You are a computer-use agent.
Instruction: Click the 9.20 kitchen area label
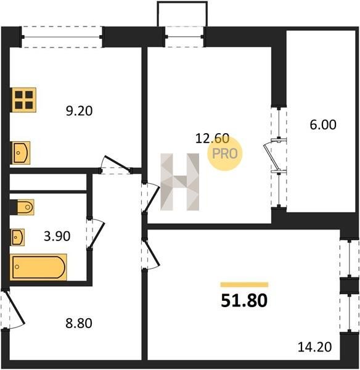coord(79,111)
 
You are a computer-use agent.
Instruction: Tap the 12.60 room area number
coord(212,138)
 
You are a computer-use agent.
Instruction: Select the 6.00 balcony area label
coord(323,125)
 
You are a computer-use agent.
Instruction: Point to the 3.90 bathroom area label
coord(57,236)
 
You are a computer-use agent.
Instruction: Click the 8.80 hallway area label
coord(79,323)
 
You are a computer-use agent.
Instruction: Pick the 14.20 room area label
coord(315,347)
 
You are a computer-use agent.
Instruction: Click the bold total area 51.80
coord(244,301)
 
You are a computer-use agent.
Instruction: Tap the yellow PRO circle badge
coord(225,154)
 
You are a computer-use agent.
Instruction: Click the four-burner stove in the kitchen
coord(24,100)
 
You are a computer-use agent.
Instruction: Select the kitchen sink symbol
coord(21,153)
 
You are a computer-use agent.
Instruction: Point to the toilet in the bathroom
coord(22,207)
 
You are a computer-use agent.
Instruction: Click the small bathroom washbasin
coord(18,237)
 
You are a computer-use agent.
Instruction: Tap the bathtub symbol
coord(38,267)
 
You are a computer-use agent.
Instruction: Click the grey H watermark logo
coord(180,182)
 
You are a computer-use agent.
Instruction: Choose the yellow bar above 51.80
coord(244,284)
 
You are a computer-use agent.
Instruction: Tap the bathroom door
coord(97,235)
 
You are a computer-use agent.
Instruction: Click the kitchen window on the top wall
coord(62,37)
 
